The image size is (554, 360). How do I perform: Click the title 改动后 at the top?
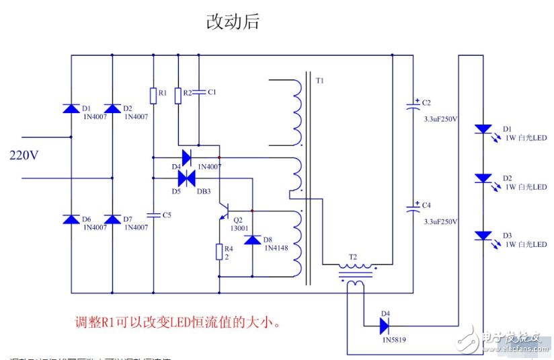(x=232, y=22)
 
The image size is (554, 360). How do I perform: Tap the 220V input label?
(x=24, y=155)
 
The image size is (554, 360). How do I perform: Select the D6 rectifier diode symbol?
(x=71, y=219)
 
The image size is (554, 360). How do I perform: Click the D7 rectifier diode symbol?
(x=112, y=219)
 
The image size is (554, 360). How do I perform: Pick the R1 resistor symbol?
(x=153, y=96)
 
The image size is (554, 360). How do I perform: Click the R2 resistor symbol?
(x=178, y=96)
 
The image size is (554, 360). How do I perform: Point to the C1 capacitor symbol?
(x=200, y=92)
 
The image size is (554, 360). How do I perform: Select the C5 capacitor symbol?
(x=153, y=215)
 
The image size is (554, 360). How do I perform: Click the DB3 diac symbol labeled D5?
(x=186, y=178)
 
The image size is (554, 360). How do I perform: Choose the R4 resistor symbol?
(x=219, y=252)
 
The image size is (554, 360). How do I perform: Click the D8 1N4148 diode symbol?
(x=252, y=240)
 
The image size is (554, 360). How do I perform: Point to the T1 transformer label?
(x=319, y=81)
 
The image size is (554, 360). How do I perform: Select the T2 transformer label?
(x=352, y=257)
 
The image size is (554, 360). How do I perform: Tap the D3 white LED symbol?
(x=483, y=236)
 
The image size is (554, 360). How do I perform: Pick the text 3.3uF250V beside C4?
(x=440, y=221)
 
